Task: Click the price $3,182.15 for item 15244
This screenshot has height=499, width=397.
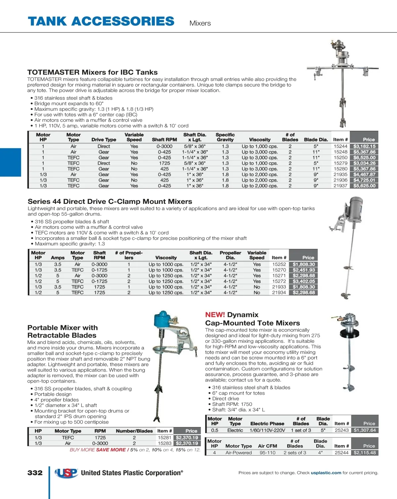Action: pyautogui.click(x=364, y=146)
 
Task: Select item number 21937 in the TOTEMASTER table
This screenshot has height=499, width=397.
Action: pyautogui.click(x=340, y=186)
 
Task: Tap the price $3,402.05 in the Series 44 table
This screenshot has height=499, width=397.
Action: pyautogui.click(x=304, y=281)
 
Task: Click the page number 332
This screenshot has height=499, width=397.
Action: pyautogui.click(x=35, y=473)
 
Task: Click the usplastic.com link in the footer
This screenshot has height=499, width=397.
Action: pyautogui.click(x=326, y=473)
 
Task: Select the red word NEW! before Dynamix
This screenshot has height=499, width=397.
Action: pyautogui.click(x=215, y=315)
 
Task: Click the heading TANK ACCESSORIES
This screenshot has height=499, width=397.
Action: pyautogui.click(x=101, y=22)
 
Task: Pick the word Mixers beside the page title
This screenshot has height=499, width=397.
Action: pyautogui.click(x=200, y=23)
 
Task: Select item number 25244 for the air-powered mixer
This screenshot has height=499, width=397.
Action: pyautogui.click(x=342, y=453)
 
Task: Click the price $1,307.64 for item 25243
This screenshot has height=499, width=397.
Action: pyautogui.click(x=365, y=430)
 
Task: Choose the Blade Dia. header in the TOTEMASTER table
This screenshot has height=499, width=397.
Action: pyautogui.click(x=316, y=140)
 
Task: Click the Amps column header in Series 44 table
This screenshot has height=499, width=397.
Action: pyautogui.click(x=58, y=257)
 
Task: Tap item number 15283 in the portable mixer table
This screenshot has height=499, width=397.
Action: pyautogui.click(x=164, y=443)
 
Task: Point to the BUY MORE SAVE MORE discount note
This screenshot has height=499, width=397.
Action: pyautogui.click(x=135, y=450)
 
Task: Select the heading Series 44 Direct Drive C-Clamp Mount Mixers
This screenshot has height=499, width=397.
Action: pyautogui.click(x=110, y=202)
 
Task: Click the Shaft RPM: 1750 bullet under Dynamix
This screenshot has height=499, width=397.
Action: pyautogui.click(x=232, y=404)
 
